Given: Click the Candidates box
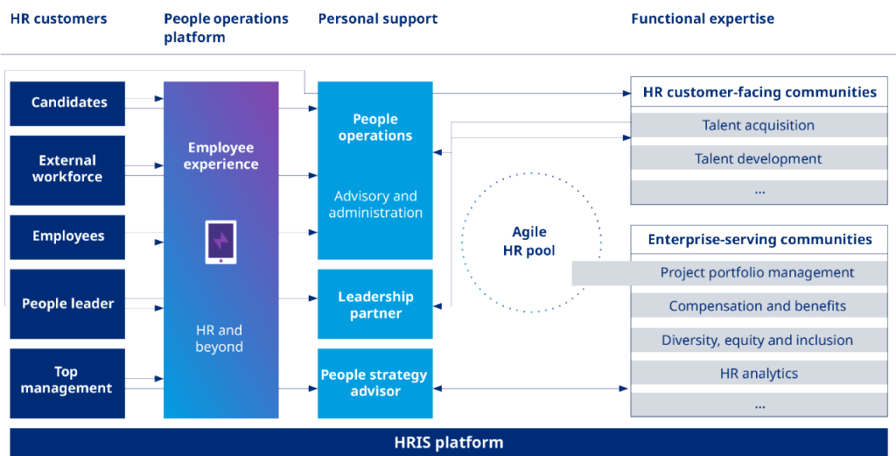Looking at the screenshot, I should point(68,103).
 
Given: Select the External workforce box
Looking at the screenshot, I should point(67,169).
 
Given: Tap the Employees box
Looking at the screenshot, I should point(68,236).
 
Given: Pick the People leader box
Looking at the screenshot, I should point(68,304).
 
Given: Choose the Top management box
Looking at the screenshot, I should point(67,381).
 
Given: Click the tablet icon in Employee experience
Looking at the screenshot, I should point(220,242).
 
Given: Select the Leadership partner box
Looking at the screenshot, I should point(375,305).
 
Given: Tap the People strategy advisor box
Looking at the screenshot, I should point(375,382).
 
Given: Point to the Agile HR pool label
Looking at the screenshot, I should point(528,241).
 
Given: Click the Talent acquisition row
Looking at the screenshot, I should point(758,125).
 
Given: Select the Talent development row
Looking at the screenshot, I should point(758,158).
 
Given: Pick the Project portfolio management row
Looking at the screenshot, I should point(757,272).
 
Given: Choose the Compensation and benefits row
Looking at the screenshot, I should point(757,306).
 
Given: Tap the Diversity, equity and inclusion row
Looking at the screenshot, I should point(757,340).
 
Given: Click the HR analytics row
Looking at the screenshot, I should point(759,374).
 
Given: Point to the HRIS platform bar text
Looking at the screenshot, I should point(448,442).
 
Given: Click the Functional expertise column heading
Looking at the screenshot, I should point(703,18).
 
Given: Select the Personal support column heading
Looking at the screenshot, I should point(378,18).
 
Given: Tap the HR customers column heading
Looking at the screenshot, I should point(59,18).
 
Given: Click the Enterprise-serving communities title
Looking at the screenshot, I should point(759,239).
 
